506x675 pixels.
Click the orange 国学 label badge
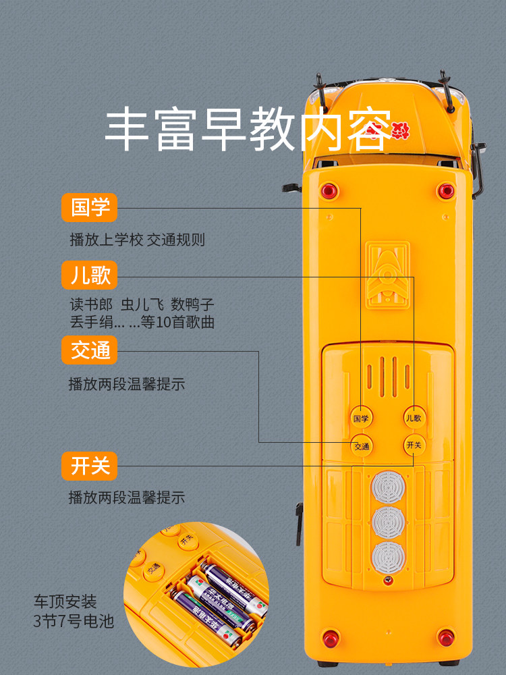point(89,208)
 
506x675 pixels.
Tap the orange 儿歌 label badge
point(89,275)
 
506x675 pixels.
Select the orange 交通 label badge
point(89,350)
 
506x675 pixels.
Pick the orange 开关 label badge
point(89,466)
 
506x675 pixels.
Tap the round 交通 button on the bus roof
point(362,446)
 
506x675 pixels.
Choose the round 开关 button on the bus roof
point(414,445)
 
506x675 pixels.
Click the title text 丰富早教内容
point(248,130)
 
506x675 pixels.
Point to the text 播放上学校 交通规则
point(137,240)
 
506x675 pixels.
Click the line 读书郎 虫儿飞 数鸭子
point(142,304)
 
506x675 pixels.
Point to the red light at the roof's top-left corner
point(329,190)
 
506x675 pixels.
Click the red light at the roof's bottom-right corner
point(446,637)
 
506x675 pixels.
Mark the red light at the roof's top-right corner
point(445,190)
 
